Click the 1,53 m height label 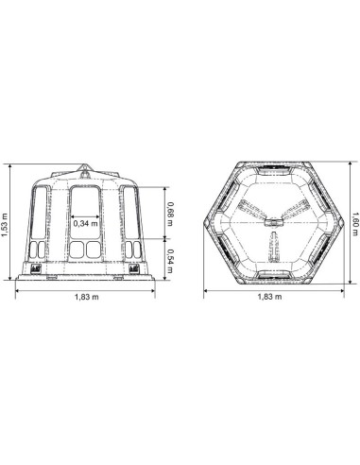(5, 223)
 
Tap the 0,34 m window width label (86, 224)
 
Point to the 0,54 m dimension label (170, 261)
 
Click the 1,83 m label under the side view (87, 297)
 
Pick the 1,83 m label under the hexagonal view (270, 297)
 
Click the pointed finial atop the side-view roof (84, 167)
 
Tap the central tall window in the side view (85, 212)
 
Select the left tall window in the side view (40, 212)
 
